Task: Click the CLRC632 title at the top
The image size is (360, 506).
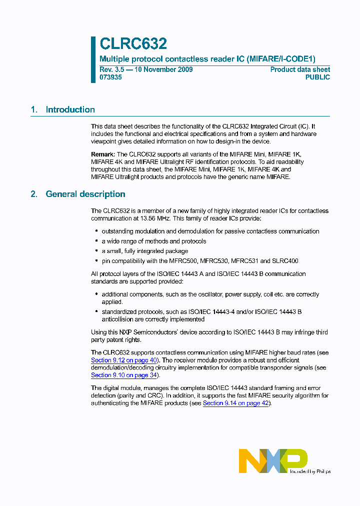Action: tap(133, 44)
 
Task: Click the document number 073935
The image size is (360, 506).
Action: tap(110, 77)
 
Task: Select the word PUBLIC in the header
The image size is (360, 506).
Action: tap(317, 77)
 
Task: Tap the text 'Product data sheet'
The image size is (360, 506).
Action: tap(300, 69)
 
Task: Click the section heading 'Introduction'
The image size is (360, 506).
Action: tap(70, 109)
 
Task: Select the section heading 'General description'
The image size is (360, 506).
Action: tap(85, 194)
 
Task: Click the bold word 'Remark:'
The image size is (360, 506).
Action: tap(103, 154)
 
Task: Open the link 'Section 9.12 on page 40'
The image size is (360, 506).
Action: tap(124, 360)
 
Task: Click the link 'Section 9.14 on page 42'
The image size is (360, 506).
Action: tap(236, 403)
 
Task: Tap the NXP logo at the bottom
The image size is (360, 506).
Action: tap(272, 460)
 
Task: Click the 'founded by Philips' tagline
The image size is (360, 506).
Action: tap(310, 471)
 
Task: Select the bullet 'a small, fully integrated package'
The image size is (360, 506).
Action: tap(145, 251)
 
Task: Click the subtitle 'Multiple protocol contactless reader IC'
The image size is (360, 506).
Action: tap(172, 58)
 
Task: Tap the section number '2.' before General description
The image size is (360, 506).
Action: tap(34, 194)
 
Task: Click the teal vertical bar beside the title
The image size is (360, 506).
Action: tap(93, 59)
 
